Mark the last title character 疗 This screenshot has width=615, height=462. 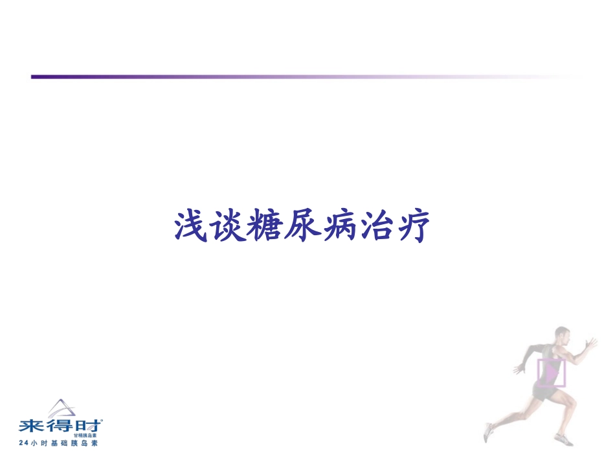tap(411, 225)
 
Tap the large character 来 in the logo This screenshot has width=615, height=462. tap(31, 426)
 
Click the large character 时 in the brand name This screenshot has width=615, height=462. tap(89, 426)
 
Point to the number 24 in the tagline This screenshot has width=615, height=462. tap(23, 443)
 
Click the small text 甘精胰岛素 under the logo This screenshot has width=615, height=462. tap(85, 436)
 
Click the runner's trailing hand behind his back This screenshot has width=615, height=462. tap(519, 369)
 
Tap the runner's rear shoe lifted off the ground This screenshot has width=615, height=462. tap(489, 432)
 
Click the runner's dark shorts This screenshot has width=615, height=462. tap(542, 391)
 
